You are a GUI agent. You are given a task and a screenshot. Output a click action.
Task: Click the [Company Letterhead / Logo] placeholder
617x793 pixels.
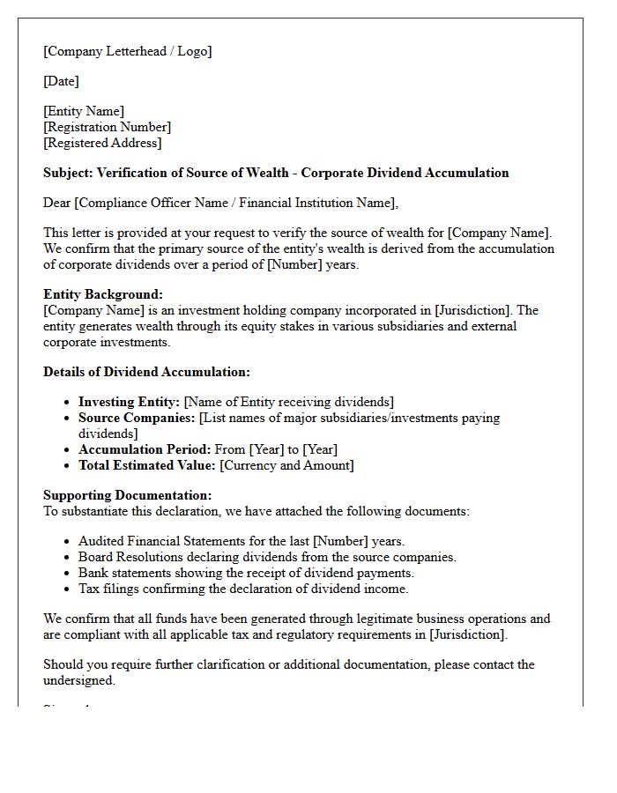(x=128, y=51)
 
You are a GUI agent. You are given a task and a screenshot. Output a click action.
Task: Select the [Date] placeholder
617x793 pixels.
(x=61, y=81)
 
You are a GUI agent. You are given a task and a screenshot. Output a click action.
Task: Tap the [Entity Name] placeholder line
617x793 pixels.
(x=84, y=111)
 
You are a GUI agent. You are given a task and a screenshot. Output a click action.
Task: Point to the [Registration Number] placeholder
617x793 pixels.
(x=107, y=127)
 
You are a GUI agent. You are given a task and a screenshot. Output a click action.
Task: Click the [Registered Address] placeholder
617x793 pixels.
(x=102, y=143)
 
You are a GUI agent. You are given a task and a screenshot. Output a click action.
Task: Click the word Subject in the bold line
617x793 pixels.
(x=67, y=173)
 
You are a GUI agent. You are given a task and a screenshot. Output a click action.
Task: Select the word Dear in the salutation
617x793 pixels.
(x=57, y=203)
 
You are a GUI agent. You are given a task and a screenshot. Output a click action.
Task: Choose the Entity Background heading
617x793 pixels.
(x=103, y=294)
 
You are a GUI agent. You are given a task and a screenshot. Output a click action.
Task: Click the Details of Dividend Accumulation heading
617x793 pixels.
(x=146, y=372)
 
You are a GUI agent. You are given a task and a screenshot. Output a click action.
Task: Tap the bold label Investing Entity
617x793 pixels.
(x=129, y=402)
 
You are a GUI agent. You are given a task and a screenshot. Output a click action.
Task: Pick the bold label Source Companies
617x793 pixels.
(x=137, y=418)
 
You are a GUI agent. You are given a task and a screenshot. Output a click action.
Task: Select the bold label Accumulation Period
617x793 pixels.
(x=145, y=449)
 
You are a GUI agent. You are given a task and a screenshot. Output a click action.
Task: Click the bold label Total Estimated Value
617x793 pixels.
(x=146, y=465)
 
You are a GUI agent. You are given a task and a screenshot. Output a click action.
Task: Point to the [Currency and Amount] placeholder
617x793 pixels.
(x=286, y=465)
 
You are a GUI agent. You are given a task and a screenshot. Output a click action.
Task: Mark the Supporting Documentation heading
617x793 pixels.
(x=127, y=495)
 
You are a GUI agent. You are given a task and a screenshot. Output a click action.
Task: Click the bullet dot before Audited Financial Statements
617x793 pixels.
(x=68, y=542)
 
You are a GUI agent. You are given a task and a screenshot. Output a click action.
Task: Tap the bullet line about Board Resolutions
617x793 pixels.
(x=267, y=557)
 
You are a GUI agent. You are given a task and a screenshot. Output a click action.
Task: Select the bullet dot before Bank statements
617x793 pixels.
(x=68, y=574)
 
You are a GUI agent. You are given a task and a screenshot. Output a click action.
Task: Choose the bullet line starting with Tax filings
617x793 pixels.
(x=243, y=589)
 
